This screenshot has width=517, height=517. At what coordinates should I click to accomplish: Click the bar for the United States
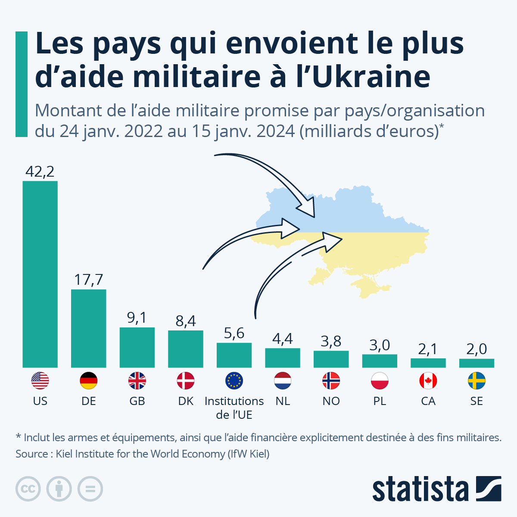(x=40, y=274)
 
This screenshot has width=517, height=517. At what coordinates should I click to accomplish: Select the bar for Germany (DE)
(x=89, y=328)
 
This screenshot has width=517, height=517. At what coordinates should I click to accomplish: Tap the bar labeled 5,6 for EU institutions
(x=234, y=355)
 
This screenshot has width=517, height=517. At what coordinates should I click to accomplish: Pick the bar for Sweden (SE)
(x=477, y=363)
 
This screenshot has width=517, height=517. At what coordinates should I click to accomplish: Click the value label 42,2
(x=40, y=172)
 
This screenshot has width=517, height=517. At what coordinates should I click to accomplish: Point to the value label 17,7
(x=89, y=280)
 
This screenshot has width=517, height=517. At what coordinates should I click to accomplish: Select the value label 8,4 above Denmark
(x=186, y=321)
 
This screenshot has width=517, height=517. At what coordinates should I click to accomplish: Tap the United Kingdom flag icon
(x=137, y=381)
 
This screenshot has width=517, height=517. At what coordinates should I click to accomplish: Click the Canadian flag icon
(x=428, y=381)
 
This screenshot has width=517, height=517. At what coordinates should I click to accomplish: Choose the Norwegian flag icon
(x=331, y=381)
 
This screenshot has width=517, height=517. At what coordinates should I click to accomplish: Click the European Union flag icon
(x=234, y=381)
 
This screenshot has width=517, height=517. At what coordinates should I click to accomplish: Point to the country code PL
(x=380, y=401)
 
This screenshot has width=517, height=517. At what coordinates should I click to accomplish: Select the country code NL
(x=283, y=401)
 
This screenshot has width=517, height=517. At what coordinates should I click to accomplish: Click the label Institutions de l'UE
(x=234, y=408)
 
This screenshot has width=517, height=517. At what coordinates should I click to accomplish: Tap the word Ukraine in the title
(x=371, y=77)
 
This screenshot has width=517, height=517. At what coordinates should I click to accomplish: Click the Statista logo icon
(x=489, y=489)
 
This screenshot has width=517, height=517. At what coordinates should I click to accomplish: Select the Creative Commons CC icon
(x=28, y=489)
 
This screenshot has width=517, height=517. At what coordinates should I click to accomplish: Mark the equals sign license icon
(x=90, y=489)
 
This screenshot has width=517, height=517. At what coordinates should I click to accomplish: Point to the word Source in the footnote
(x=31, y=454)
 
